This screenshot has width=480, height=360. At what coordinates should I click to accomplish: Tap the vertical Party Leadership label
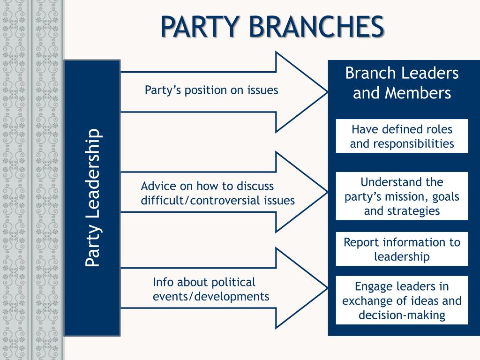[x=92, y=197]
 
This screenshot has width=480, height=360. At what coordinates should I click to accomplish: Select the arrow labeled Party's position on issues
[x=211, y=90]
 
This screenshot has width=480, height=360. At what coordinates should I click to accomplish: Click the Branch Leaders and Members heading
[x=402, y=83]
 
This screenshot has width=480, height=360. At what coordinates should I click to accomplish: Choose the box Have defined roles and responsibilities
[x=402, y=136]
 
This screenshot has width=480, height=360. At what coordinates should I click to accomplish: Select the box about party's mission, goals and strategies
[x=402, y=196]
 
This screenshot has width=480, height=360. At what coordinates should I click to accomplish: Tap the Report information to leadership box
[x=402, y=249]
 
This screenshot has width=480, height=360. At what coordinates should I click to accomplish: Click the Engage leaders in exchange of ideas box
[x=402, y=300]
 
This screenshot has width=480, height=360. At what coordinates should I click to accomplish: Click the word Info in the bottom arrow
[x=162, y=283]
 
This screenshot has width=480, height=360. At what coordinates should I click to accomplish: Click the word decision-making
[x=402, y=315]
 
